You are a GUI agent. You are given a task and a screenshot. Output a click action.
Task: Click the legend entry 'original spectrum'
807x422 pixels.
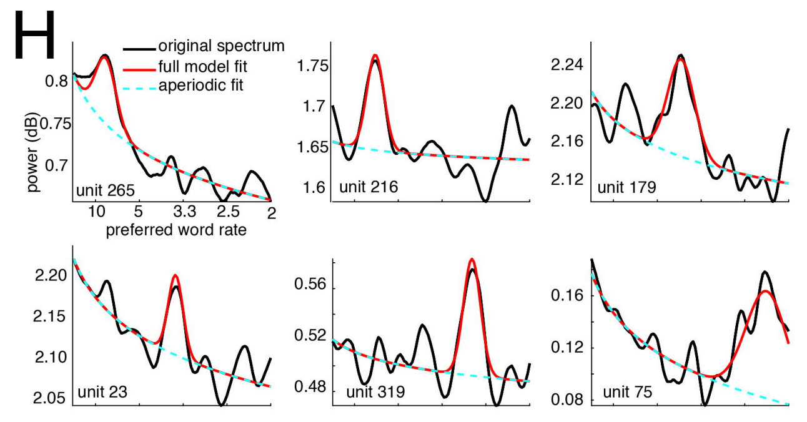pyautogui.click(x=221, y=46)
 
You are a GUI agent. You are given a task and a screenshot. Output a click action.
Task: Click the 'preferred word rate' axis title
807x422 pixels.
pyautogui.click(x=176, y=230)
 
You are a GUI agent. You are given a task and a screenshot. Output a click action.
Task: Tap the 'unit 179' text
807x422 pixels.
pyautogui.click(x=626, y=187)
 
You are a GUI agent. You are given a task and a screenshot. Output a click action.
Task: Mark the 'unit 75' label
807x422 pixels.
pyautogui.click(x=627, y=393)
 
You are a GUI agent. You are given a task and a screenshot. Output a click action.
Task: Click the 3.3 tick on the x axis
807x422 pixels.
pyautogui.click(x=182, y=212)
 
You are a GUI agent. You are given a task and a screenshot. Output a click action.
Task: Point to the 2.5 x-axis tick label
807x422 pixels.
pyautogui.click(x=226, y=212)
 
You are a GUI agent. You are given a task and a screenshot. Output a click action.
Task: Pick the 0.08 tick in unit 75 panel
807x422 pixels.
pyautogui.click(x=568, y=399)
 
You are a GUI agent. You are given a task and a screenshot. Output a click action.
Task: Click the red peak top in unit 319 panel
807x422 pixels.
pyautogui.click(x=472, y=259)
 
